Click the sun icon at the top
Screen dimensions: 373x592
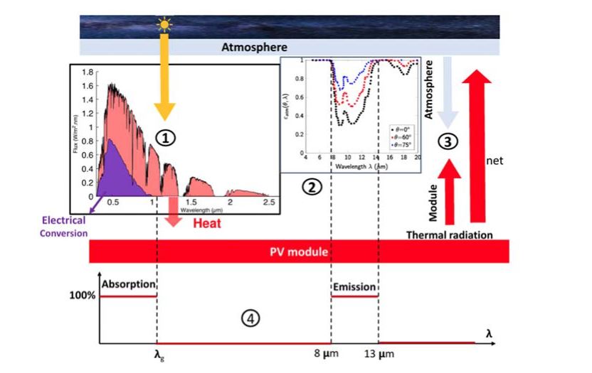[166, 26]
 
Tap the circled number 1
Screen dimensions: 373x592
[165, 137]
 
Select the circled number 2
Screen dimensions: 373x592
[311, 187]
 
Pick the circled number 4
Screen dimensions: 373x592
[248, 319]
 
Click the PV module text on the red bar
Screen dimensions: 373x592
[299, 251]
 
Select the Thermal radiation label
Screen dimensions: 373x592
[449, 234]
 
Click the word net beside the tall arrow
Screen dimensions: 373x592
[495, 161]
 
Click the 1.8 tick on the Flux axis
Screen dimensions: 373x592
[88, 72]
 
